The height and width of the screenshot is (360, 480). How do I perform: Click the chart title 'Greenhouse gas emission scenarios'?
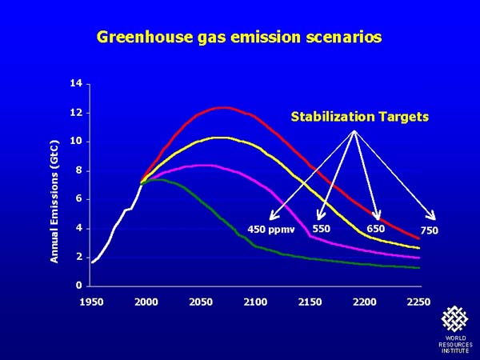click(x=239, y=38)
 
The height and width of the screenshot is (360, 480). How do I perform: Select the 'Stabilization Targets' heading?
click(x=360, y=117)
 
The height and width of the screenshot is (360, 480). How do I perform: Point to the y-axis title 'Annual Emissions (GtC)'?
click(x=54, y=202)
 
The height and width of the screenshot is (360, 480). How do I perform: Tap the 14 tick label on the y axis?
click(x=76, y=83)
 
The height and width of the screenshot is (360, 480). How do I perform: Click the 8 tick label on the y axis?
click(x=79, y=170)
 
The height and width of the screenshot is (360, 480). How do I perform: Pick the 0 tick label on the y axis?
click(x=79, y=286)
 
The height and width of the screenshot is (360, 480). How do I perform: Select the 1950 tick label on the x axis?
click(x=91, y=302)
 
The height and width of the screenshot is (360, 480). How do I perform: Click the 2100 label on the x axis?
click(x=255, y=302)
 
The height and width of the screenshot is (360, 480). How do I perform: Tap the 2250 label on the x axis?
click(x=418, y=302)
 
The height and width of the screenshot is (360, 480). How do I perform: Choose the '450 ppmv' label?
click(x=271, y=230)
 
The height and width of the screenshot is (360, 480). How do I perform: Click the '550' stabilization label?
click(x=322, y=229)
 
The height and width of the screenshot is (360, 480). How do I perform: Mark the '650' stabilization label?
click(x=376, y=229)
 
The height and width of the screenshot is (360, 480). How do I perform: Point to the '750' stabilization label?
click(x=429, y=230)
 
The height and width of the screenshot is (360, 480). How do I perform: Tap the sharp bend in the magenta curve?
click(x=310, y=236)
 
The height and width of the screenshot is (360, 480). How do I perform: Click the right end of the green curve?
click(x=419, y=268)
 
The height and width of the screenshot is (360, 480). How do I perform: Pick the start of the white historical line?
click(x=92, y=262)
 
